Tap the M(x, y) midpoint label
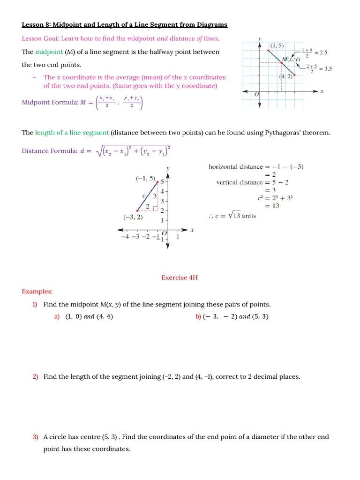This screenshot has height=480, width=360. (x=291, y=60)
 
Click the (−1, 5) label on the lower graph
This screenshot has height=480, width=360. (x=146, y=179)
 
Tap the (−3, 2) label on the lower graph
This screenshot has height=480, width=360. (x=133, y=217)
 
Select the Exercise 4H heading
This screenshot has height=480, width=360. (x=180, y=277)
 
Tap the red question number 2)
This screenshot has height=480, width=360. (x=35, y=376)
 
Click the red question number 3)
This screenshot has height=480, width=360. (x=35, y=436)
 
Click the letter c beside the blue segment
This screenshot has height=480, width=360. (x=144, y=195)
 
